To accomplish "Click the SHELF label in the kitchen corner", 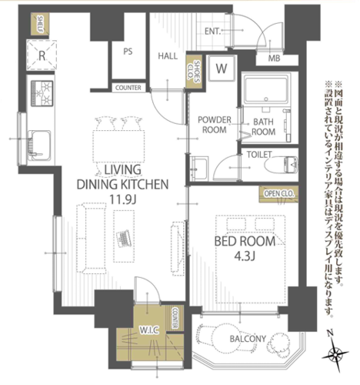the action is pos(40,25).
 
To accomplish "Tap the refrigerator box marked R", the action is pos(42,55).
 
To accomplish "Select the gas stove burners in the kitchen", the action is pos(42,93).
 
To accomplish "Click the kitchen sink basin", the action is pos(39,146).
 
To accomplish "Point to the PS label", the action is pos(128,52).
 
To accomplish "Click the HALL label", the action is pos(168,56).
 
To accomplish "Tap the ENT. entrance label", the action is pos(212,32).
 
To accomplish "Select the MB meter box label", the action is pos(274,59).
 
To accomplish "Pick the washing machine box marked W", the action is pos(222,69).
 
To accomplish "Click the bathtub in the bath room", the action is pos(267,89).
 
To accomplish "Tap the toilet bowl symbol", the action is pos(282,165).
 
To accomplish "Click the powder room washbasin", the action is pos(199,168).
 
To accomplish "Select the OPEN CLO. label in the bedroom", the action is pos(278,193).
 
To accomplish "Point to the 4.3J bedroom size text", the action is pos(245,256).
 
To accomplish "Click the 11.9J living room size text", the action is pos(123,199).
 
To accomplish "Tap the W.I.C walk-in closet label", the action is pos(149,330).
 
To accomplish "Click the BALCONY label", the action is pos(248,339).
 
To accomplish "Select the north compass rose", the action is pos(335,354).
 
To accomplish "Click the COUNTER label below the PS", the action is pos(128,88).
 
